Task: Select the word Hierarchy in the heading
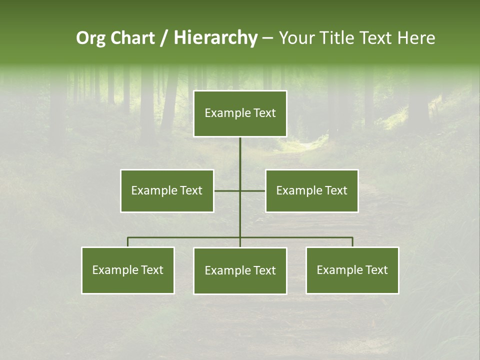tap(215, 38)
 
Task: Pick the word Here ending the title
tap(416, 38)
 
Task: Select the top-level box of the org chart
tap(240, 113)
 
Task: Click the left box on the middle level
tap(167, 190)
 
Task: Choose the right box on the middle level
tap(311, 190)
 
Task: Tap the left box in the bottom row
tap(128, 270)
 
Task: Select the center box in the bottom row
tap(240, 270)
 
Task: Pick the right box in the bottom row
tap(352, 270)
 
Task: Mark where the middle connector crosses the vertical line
tap(240, 190)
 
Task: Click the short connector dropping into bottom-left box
tap(128, 242)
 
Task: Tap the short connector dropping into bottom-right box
tap(352, 242)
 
